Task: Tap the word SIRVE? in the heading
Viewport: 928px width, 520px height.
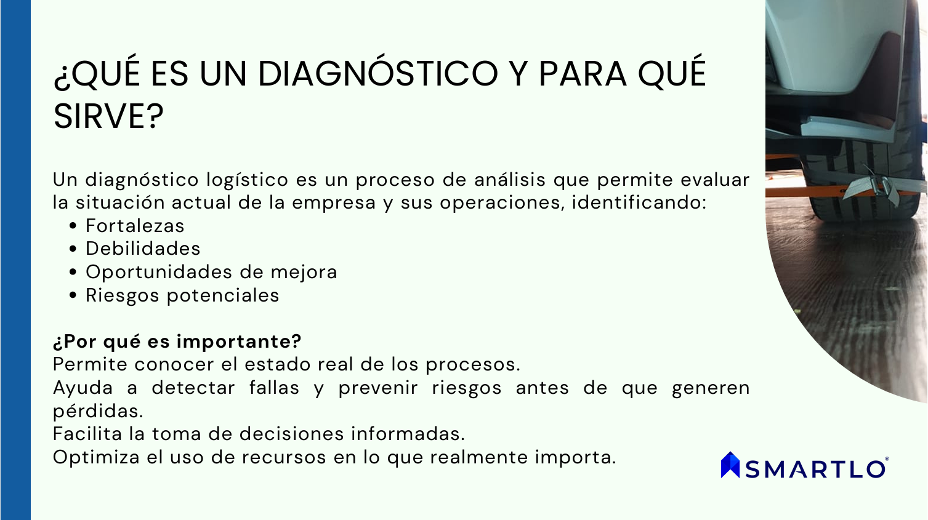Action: tap(108, 117)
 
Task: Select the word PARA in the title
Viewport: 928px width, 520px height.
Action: tap(583, 74)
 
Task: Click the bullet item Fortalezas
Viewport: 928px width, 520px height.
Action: tap(135, 226)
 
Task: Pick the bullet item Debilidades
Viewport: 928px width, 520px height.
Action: tap(143, 249)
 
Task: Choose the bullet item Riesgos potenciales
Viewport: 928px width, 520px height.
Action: tap(182, 295)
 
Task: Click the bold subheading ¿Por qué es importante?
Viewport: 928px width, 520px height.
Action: tap(177, 342)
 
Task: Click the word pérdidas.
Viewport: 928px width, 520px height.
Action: tap(98, 411)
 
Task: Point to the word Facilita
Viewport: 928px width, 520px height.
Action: tap(87, 434)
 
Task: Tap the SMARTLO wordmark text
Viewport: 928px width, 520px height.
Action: tap(815, 469)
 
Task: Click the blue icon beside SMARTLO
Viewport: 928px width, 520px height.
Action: tap(730, 465)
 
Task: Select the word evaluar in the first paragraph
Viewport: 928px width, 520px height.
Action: tap(716, 180)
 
